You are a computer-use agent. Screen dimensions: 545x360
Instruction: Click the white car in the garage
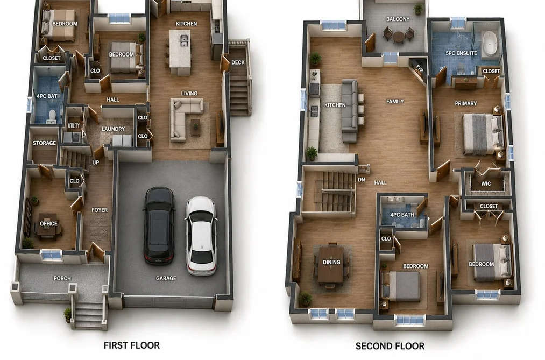coord(201,236)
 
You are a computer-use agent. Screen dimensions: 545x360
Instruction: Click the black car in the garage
coord(159,225)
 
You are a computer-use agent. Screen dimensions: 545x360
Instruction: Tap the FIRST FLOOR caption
coord(132,345)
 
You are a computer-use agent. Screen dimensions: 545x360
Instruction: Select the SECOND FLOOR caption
coord(390,346)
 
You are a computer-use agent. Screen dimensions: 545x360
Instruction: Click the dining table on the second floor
coord(331,264)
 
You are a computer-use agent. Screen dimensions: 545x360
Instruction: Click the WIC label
coord(486,183)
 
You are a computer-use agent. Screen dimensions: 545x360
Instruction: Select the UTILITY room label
coord(74,126)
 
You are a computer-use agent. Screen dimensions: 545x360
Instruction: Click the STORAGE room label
coord(44,143)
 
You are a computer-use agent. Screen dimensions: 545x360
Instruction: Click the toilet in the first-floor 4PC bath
coord(52,116)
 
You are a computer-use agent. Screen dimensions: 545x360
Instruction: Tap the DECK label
coord(238,62)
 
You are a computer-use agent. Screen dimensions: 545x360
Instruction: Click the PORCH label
coord(62,278)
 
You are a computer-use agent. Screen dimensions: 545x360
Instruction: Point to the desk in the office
coord(48,226)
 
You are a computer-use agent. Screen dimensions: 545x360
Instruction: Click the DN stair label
coord(362,180)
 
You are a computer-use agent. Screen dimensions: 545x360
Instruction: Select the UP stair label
coord(96,163)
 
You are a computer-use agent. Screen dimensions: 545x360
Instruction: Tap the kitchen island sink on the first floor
coord(184,40)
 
